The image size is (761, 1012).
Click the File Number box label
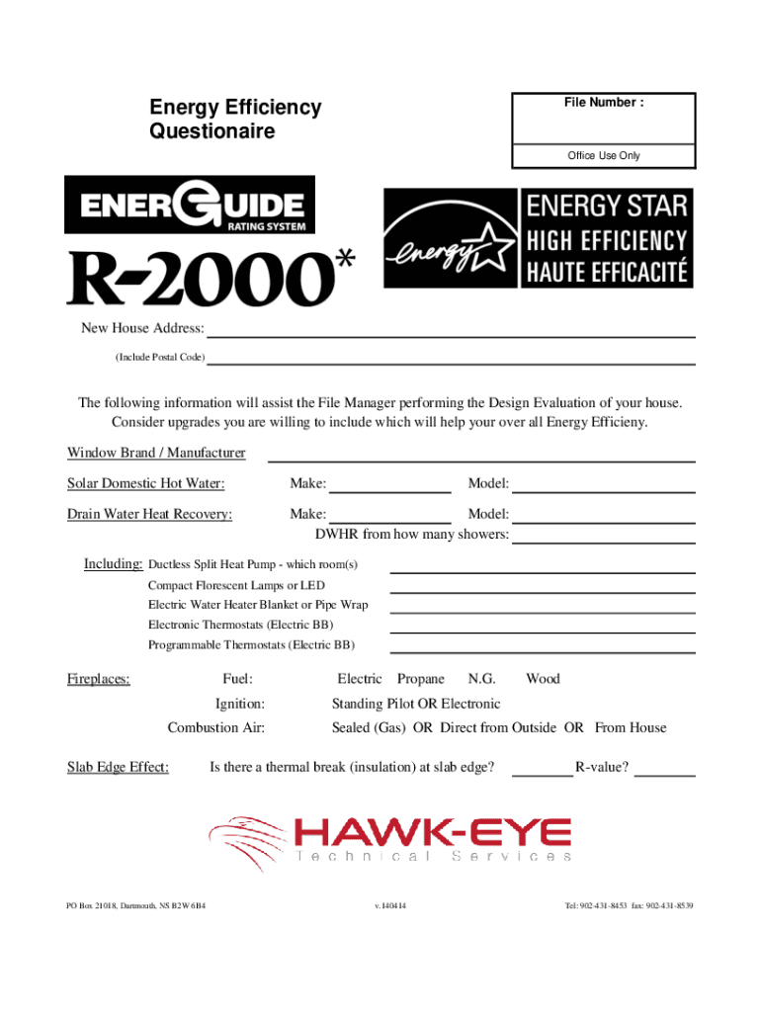click(604, 103)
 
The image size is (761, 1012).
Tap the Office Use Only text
click(604, 156)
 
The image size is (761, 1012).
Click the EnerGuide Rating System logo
click(190, 206)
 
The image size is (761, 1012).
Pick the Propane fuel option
click(421, 679)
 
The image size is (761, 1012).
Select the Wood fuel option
click(543, 679)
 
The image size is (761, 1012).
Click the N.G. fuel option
click(482, 679)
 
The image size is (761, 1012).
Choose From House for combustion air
click(631, 727)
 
